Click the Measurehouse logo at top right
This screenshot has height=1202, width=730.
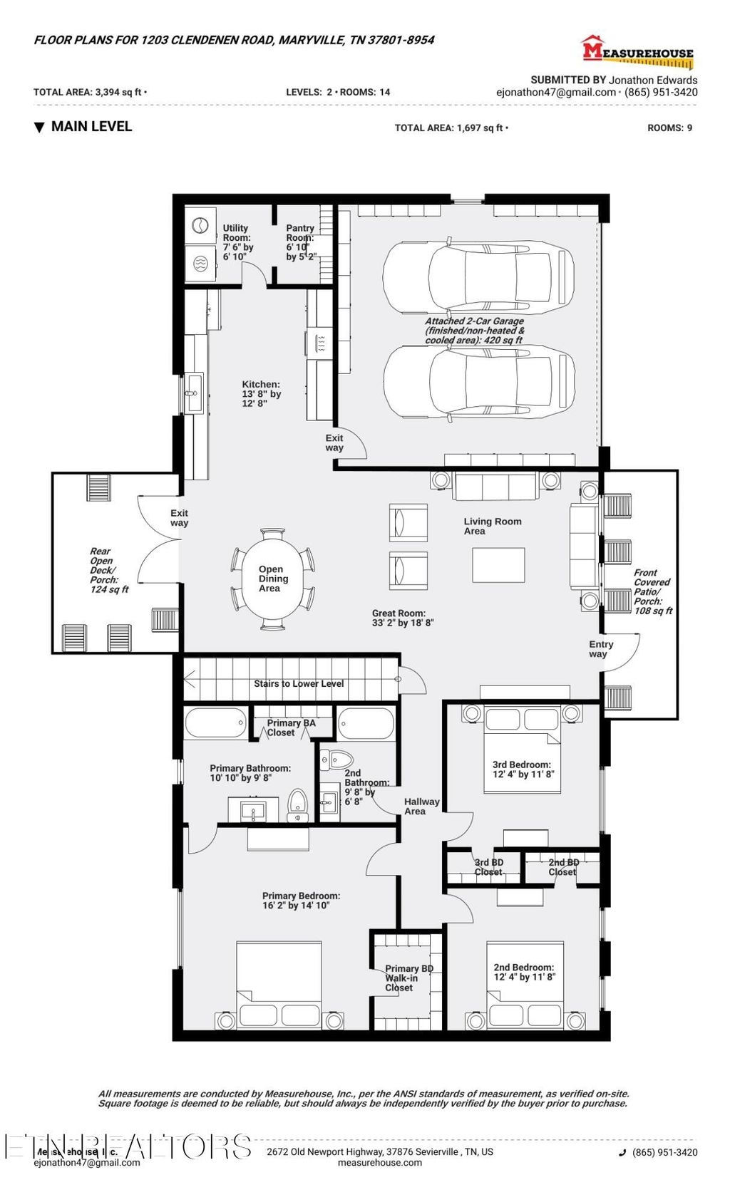[637, 52]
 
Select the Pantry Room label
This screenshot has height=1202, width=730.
[300, 242]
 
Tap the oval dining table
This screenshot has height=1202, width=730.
[272, 579]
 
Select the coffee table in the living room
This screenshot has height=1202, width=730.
[498, 565]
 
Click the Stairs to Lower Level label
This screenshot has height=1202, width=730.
[299, 683]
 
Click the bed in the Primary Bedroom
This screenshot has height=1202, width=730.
[279, 987]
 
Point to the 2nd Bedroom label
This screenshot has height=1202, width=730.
[523, 972]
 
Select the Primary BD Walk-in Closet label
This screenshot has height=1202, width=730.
[408, 978]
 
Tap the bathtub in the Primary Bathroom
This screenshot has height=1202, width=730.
[215, 724]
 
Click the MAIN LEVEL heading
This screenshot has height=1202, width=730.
[91, 127]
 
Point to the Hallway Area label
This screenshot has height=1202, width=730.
[421, 806]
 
